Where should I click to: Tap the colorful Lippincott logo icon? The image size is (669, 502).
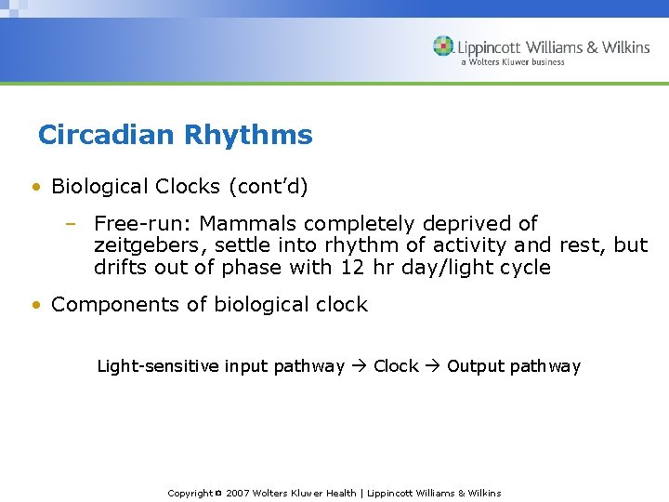coord(443,46)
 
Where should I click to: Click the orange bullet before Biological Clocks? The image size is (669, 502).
coord(35,187)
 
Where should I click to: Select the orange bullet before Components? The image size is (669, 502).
coord(35,305)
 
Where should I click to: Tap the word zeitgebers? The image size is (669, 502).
coord(144,246)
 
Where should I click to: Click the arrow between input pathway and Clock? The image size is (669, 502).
coord(359,366)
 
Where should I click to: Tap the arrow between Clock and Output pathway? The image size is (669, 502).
coord(433,366)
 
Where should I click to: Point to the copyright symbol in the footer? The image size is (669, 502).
coord(218,494)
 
